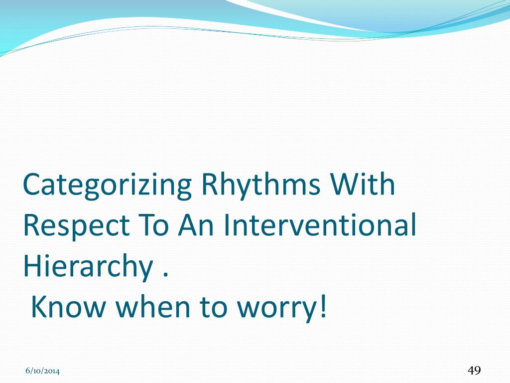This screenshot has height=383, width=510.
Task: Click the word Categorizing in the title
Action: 108,186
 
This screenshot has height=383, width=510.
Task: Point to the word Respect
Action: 77,226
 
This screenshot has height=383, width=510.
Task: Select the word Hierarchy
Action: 88,266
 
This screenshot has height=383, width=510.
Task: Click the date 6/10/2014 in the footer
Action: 43,371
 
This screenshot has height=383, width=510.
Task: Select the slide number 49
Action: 474,371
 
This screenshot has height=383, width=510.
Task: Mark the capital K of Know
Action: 41,307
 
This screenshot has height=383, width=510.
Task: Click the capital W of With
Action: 346,184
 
